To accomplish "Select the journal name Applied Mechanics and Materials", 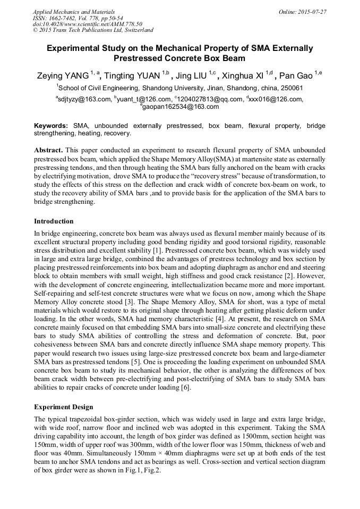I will click(74, 11).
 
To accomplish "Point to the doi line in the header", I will click(88, 24).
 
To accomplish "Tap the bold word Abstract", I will click(49, 151).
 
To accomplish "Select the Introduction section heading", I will click(54, 221).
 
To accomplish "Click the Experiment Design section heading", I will click(63, 407).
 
